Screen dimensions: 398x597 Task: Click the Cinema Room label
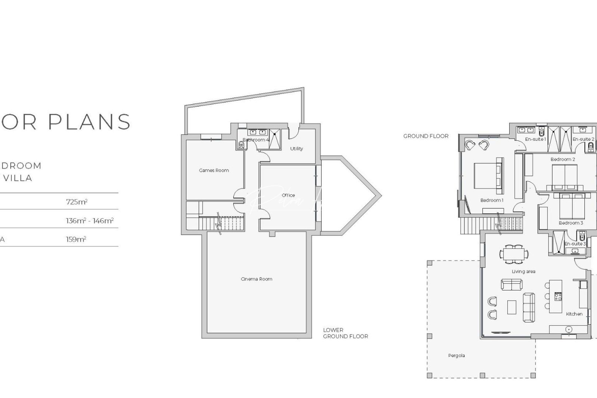pos(256,279)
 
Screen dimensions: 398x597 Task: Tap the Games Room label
pos(214,170)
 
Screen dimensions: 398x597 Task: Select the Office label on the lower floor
pos(288,195)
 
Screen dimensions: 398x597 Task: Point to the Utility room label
pos(296,149)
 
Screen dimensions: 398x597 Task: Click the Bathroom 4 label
pos(256,140)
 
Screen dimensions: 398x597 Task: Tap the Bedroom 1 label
pos(492,200)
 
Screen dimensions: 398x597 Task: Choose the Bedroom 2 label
pos(563,159)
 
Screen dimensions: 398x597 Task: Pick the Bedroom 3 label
pos(571,223)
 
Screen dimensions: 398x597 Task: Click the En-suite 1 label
pos(535,139)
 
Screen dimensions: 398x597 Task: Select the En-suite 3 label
pos(575,244)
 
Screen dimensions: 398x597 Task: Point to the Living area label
pos(523,272)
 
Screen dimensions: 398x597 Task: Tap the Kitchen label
pos(574,314)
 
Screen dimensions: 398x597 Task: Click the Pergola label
pos(456,356)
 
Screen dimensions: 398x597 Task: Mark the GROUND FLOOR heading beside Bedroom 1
pos(426,136)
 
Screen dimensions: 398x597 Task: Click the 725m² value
pos(77,202)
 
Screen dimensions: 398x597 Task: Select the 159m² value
pos(76,239)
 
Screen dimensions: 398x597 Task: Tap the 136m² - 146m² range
pos(90,221)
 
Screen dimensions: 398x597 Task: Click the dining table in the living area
pos(514,254)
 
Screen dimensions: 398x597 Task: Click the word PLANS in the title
pos(90,122)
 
